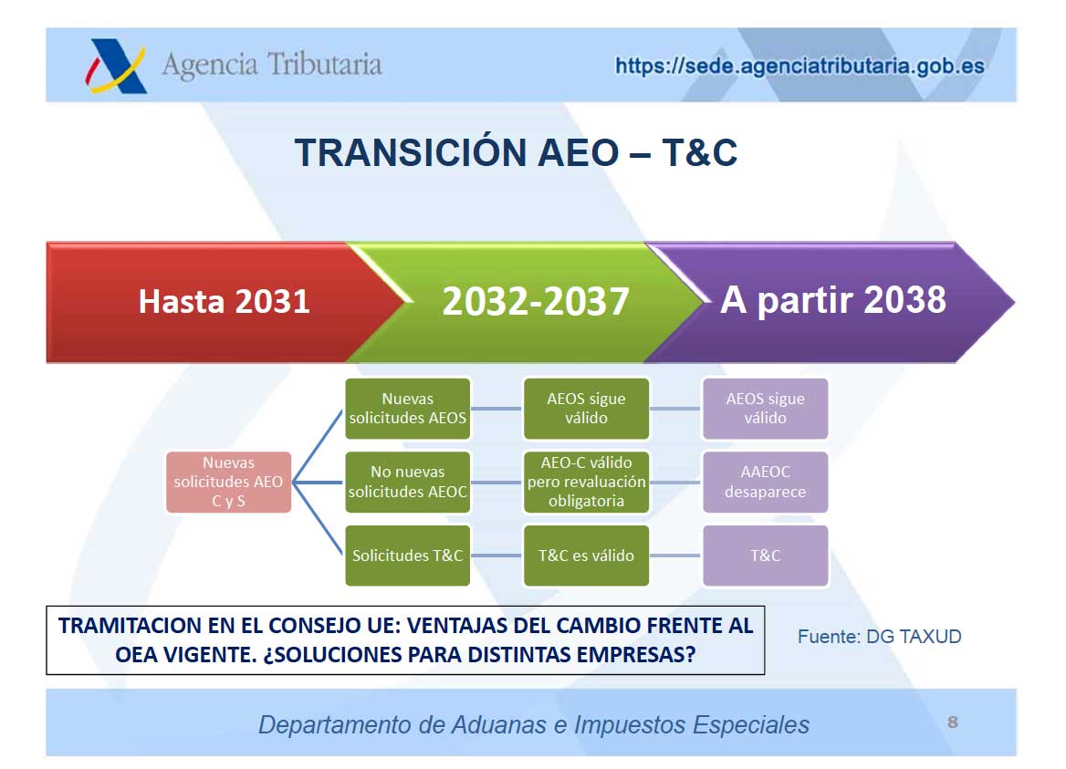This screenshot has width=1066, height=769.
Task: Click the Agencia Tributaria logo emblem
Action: (x=116, y=66)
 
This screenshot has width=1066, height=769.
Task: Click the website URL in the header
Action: (x=799, y=66)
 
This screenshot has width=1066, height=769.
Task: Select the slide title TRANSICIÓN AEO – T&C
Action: (x=516, y=152)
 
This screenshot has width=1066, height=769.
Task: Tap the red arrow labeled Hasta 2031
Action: (x=225, y=302)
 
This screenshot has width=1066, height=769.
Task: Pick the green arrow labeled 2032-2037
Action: (x=536, y=302)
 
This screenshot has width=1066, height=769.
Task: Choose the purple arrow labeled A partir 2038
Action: (x=832, y=300)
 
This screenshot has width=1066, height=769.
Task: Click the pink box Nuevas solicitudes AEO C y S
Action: (x=228, y=482)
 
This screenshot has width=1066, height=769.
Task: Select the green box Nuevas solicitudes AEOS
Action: (x=408, y=409)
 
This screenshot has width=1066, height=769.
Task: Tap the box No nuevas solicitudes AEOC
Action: (x=408, y=482)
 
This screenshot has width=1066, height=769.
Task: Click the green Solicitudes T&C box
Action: (x=408, y=555)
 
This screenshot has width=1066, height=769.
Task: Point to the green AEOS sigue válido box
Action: (x=586, y=409)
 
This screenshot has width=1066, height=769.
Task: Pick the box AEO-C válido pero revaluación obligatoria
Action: (x=586, y=482)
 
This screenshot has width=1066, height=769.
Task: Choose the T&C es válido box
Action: (x=586, y=555)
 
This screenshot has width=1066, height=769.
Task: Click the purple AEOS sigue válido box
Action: (x=766, y=409)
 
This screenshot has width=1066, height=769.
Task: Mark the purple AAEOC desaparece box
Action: (x=766, y=482)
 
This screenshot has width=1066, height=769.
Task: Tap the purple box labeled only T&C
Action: (x=766, y=555)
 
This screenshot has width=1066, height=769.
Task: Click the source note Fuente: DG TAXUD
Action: (x=879, y=637)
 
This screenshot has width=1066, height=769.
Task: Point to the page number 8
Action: (x=953, y=722)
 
